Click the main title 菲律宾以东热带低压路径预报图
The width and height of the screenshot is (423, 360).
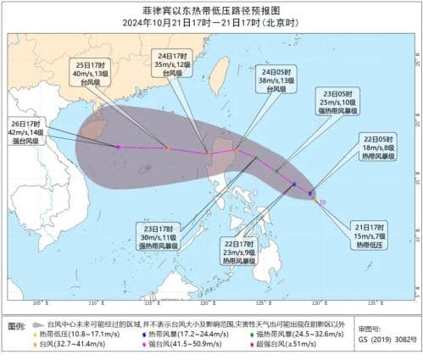211,11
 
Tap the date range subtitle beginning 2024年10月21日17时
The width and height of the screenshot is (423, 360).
211,24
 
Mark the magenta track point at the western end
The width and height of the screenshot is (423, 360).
118,147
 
